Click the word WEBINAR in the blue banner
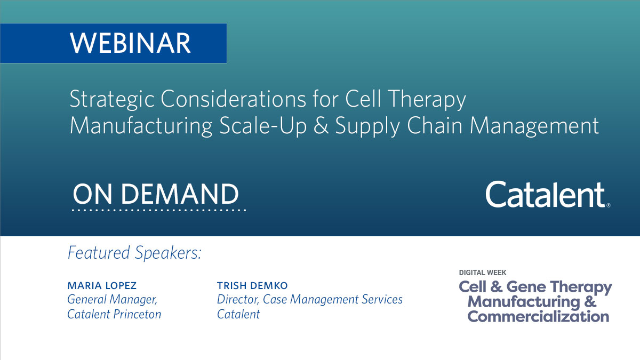(x=130, y=43)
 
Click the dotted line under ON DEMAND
(x=159, y=210)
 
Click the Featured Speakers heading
(x=134, y=253)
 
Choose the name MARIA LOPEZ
(x=102, y=286)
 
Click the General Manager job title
(x=112, y=300)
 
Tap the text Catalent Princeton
(x=114, y=314)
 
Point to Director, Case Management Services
(x=309, y=300)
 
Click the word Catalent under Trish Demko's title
(x=238, y=314)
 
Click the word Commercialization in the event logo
(x=538, y=316)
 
